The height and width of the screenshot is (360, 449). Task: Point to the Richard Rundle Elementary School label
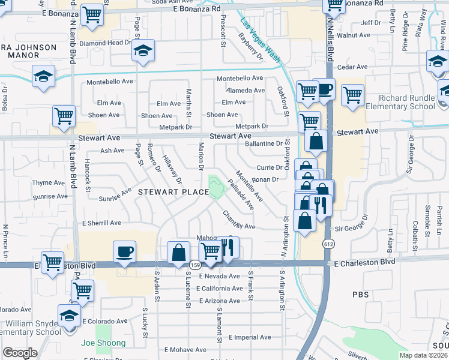(x=406, y=103)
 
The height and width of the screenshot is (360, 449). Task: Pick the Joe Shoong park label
(x=103, y=343)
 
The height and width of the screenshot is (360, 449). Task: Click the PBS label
(x=361, y=295)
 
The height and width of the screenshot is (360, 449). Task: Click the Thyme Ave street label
(x=49, y=182)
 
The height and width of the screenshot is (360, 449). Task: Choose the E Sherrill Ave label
(x=101, y=223)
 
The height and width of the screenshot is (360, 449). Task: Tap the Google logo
(x=20, y=353)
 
